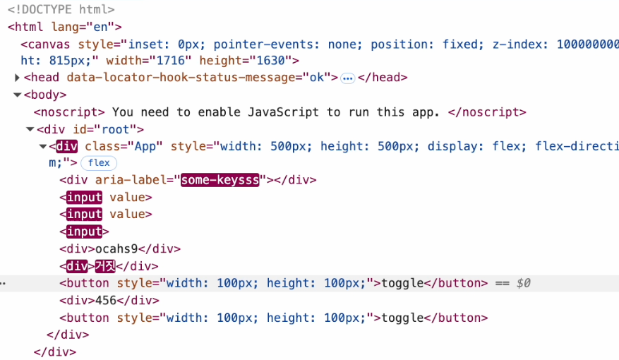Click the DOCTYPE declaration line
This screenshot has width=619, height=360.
pyautogui.click(x=61, y=11)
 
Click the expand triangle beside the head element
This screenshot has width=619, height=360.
pyautogui.click(x=17, y=78)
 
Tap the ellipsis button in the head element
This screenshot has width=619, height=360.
pyautogui.click(x=347, y=78)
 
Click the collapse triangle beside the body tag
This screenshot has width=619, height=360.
pyautogui.click(x=17, y=95)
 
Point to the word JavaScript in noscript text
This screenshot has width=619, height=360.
pyautogui.click(x=283, y=112)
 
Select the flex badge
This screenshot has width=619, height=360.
pyautogui.click(x=99, y=163)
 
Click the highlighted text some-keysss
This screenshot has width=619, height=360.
pyautogui.click(x=220, y=180)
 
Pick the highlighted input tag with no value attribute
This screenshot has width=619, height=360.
pyautogui.click(x=84, y=231)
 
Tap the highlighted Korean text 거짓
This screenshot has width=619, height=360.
pyautogui.click(x=104, y=266)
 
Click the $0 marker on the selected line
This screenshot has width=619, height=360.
pyautogui.click(x=523, y=283)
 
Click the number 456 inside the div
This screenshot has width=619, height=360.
pyautogui.click(x=105, y=300)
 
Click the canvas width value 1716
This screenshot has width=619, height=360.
pyautogui.click(x=174, y=61)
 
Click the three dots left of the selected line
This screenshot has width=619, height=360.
pyautogui.click(x=4, y=284)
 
